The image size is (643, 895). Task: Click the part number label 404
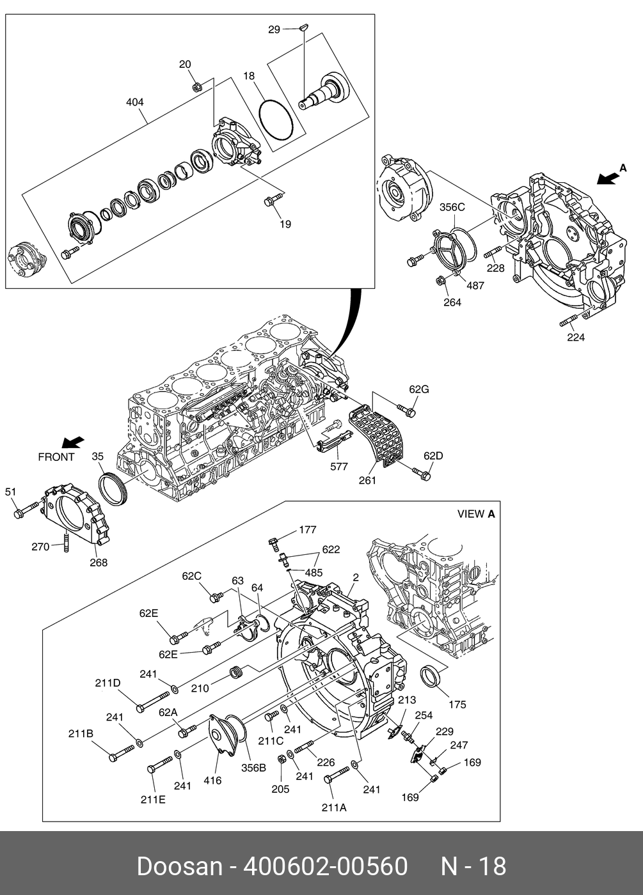(x=135, y=102)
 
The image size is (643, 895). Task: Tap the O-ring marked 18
(x=276, y=119)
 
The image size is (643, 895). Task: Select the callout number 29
(x=274, y=29)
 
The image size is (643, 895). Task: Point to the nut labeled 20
(x=198, y=86)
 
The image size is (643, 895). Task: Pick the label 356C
(x=452, y=207)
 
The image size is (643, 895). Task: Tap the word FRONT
(x=56, y=457)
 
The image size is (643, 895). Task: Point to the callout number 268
(x=99, y=563)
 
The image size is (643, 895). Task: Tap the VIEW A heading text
(x=476, y=514)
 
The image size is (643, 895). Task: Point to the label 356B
(x=253, y=768)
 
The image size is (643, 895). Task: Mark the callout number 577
(x=339, y=467)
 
